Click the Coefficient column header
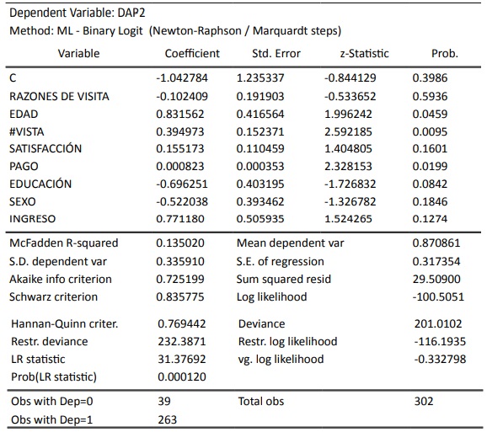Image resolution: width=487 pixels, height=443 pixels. pos(192,53)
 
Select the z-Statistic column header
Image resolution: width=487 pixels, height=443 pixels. pos(364,53)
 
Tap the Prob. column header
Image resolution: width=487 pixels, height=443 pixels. pos(445,53)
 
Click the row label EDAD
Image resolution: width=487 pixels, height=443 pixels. pos(24,114)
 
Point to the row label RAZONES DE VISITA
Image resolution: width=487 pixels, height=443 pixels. pos(59,96)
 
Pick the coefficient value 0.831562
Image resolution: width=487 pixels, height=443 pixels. pos(180,114)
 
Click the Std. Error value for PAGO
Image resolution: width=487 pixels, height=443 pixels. pos(260,166)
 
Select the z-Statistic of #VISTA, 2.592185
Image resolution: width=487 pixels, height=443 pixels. pos(348,131)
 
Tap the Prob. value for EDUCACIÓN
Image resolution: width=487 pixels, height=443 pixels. pos(430,184)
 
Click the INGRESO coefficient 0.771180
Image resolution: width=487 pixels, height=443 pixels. pos(180,218)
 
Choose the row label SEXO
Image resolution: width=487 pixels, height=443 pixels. pos(23,201)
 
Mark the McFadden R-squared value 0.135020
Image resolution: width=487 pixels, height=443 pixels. pos(180,243)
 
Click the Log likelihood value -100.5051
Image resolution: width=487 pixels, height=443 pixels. pos(438,296)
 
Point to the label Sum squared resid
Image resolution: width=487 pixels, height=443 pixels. pos(284,279)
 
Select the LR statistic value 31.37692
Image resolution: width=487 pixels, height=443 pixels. pos(182,359)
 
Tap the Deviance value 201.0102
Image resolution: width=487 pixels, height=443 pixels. pos(438,323)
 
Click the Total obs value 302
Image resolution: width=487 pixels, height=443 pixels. pos(424,401)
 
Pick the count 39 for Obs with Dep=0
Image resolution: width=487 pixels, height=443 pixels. pos(164,401)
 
